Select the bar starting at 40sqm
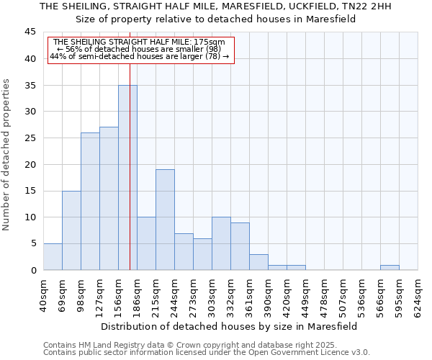[x=53, y=257]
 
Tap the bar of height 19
[x=165, y=220]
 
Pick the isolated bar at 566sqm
[x=390, y=268]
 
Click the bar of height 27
[x=109, y=199]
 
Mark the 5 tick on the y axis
[x=32, y=243]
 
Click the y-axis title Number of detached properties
[x=7, y=155]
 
